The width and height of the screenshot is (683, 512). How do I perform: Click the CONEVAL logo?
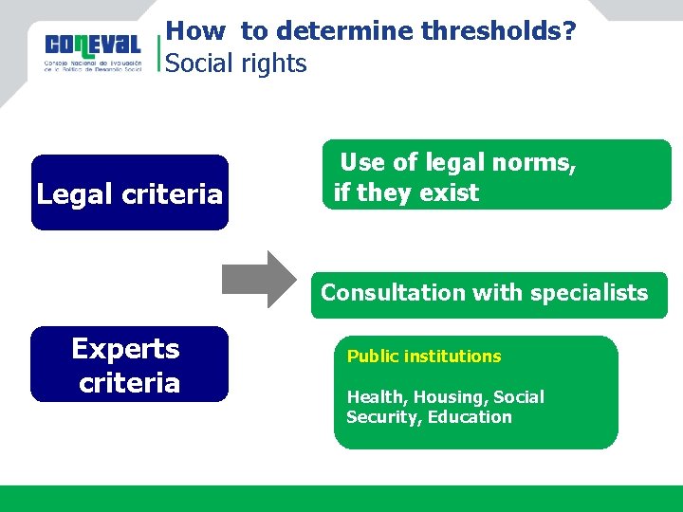(92, 52)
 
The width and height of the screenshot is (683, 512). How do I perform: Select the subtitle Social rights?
(236, 64)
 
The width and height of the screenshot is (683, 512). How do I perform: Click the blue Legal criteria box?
(130, 193)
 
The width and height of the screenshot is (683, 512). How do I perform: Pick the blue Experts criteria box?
(130, 365)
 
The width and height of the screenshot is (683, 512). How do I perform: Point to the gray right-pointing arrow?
(258, 279)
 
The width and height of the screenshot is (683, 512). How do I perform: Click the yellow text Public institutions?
(423, 357)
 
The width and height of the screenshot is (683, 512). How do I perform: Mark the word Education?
(470, 417)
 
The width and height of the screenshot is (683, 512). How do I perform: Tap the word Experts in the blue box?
(125, 349)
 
